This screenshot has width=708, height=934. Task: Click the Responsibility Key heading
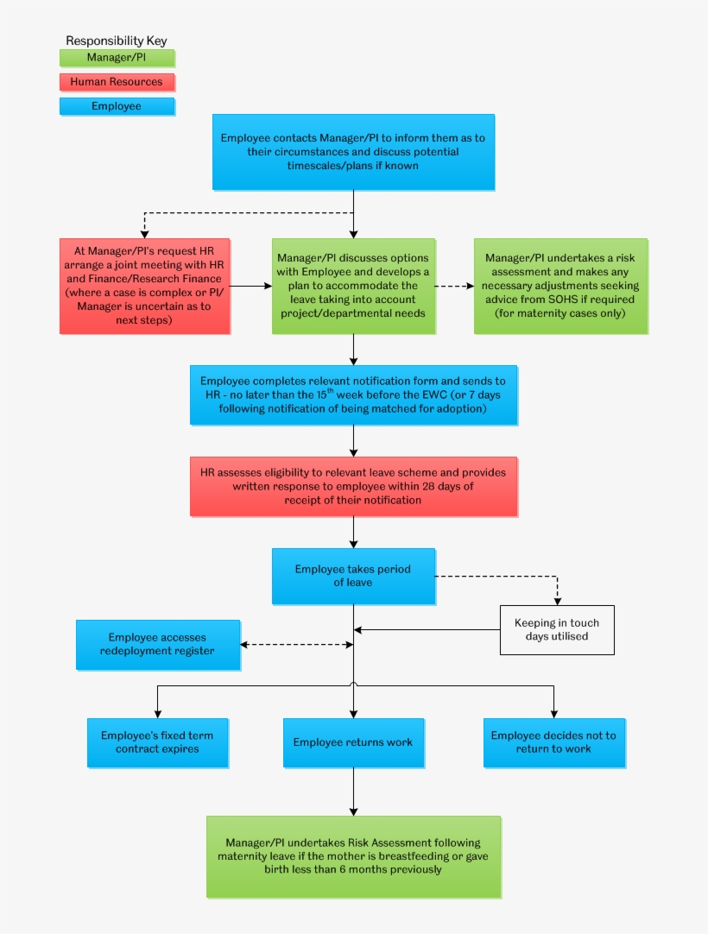click(117, 41)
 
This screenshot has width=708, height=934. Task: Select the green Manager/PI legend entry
click(117, 59)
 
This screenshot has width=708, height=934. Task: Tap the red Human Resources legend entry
click(117, 83)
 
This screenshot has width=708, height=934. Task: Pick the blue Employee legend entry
click(117, 106)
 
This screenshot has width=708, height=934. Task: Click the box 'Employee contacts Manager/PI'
click(353, 152)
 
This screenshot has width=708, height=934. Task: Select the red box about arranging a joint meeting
click(144, 286)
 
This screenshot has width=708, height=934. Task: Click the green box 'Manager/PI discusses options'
click(353, 286)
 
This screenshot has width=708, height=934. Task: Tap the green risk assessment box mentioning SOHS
click(560, 286)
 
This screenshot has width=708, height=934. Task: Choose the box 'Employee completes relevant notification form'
click(353, 394)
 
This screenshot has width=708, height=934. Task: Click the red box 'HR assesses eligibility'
click(353, 486)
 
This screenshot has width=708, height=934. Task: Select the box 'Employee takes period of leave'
click(353, 576)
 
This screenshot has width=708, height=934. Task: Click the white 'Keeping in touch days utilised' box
click(557, 629)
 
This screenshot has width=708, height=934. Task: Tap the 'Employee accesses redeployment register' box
click(158, 644)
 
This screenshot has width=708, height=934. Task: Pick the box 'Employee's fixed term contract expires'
click(157, 742)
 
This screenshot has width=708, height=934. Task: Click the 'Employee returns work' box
click(353, 742)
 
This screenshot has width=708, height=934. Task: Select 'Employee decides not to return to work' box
click(553, 742)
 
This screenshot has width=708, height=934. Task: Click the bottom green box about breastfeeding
click(353, 856)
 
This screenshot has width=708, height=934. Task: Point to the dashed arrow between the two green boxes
click(454, 286)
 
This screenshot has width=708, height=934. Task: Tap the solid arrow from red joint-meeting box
click(250, 286)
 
